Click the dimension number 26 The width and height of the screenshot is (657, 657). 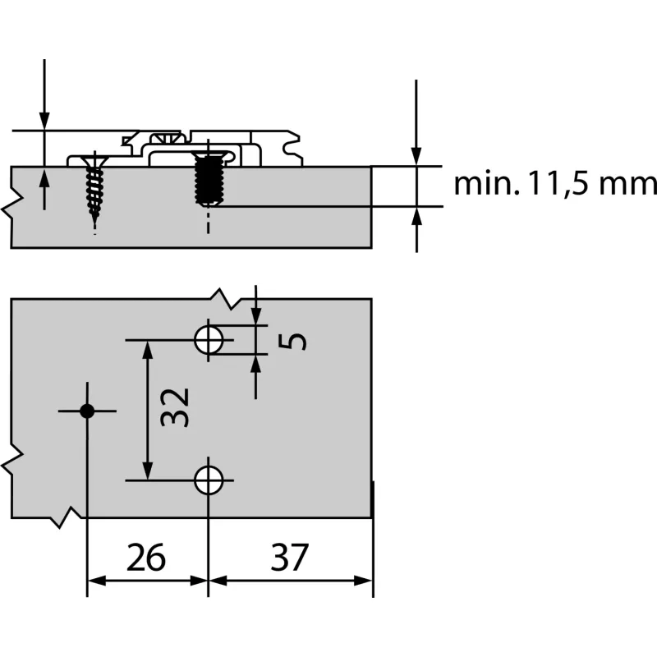(x=147, y=558)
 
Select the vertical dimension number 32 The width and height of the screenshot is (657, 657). (x=175, y=407)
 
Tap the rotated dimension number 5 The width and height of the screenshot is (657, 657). (x=296, y=339)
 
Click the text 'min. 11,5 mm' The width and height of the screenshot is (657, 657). (x=555, y=184)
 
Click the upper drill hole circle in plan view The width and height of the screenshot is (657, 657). (x=209, y=338)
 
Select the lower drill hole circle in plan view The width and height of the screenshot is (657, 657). (x=209, y=480)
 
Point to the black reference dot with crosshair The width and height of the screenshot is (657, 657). (x=86, y=411)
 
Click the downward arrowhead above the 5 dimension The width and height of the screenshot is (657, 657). (x=256, y=316)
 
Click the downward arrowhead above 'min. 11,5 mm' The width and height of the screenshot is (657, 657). (x=416, y=156)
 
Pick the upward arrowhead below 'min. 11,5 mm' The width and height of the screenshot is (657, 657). (x=416, y=216)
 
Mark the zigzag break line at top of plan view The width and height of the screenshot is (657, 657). (x=223, y=298)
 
